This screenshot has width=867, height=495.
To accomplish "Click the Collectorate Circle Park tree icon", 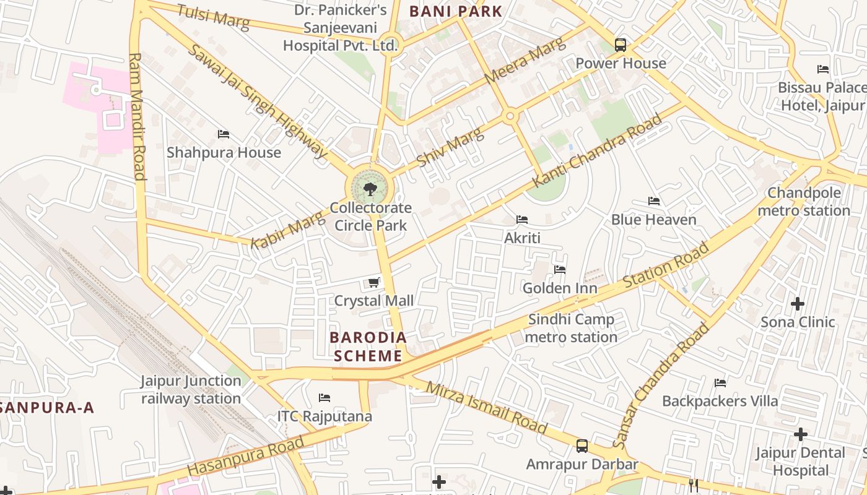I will pyautogui.click(x=370, y=189).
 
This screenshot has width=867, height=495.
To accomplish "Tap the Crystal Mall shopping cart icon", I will pyautogui.click(x=373, y=283).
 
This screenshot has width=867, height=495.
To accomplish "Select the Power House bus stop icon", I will pyautogui.click(x=621, y=45).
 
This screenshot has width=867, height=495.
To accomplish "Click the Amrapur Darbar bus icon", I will pyautogui.click(x=582, y=446).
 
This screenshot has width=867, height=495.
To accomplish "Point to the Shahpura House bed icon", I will pyautogui.click(x=224, y=134).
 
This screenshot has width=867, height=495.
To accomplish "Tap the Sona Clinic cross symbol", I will pyautogui.click(x=798, y=304).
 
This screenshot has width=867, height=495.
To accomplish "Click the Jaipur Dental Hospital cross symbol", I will pyautogui.click(x=801, y=434).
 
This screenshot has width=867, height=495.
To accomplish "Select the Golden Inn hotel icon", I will pyautogui.click(x=560, y=270).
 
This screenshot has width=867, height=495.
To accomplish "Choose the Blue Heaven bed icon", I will pyautogui.click(x=653, y=201).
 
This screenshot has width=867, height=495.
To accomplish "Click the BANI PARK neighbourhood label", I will pyautogui.click(x=455, y=11).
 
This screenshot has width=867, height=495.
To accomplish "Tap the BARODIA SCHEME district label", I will pyautogui.click(x=368, y=346).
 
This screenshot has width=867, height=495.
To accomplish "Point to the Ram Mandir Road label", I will pyautogui.click(x=137, y=116).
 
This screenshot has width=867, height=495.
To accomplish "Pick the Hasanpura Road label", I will pyautogui.click(x=246, y=457).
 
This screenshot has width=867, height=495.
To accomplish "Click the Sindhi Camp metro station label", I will pyautogui.click(x=571, y=328).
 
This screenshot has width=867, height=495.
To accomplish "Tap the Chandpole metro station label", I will pyautogui.click(x=804, y=202).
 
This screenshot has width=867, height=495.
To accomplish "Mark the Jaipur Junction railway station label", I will pyautogui.click(x=191, y=389).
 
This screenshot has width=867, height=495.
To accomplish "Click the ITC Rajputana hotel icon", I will pyautogui.click(x=325, y=398).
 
